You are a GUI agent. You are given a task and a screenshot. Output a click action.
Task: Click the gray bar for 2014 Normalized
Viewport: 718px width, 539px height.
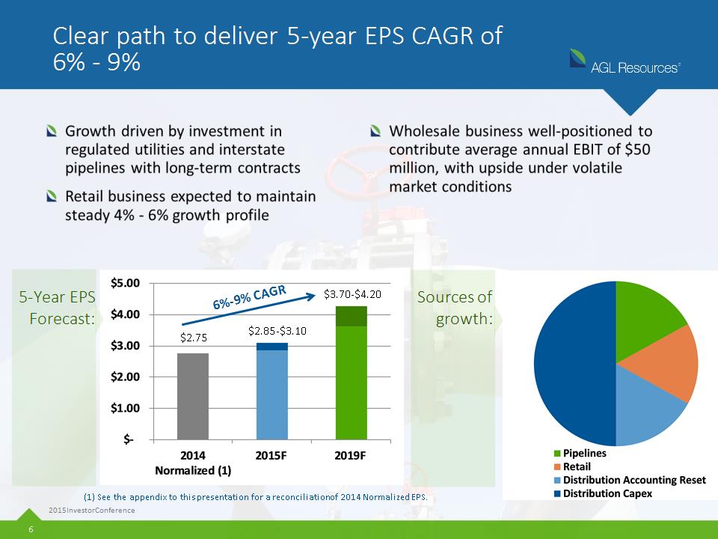pos(193,396)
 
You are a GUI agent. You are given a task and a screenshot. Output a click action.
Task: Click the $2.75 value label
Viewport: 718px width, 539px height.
pos(194,338)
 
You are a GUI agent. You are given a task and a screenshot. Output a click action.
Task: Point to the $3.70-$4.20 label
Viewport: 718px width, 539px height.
pos(352,294)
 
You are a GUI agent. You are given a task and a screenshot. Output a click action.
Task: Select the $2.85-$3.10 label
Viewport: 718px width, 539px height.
pos(277,331)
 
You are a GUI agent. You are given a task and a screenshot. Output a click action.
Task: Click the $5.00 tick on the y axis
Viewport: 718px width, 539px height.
pos(125,283)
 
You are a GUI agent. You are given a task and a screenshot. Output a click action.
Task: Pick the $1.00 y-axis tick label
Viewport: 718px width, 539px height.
pos(125,408)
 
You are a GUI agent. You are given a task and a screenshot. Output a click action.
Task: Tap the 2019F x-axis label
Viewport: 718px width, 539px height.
pos(350,456)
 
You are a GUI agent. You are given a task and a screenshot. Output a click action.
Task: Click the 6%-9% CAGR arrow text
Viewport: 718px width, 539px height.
pos(250,297)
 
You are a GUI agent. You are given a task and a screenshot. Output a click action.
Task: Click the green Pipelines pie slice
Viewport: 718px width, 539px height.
pos(645,316)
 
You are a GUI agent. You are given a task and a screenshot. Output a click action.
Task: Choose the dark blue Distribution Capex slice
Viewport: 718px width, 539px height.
pos(574,364)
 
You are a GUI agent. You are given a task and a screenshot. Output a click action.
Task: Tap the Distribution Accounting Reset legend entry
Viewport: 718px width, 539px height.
pos(630,480)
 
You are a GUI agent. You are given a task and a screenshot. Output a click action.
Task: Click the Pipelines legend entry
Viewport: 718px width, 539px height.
pos(580,454)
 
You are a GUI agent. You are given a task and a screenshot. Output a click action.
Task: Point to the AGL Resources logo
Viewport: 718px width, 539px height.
pos(625,62)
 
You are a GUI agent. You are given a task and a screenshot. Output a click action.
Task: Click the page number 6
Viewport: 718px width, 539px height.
pos(31,529)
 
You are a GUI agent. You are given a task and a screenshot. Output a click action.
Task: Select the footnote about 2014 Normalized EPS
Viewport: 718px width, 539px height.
pos(256,497)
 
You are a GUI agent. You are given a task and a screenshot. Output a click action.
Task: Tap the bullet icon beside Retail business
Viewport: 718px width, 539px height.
pos(52,196)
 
